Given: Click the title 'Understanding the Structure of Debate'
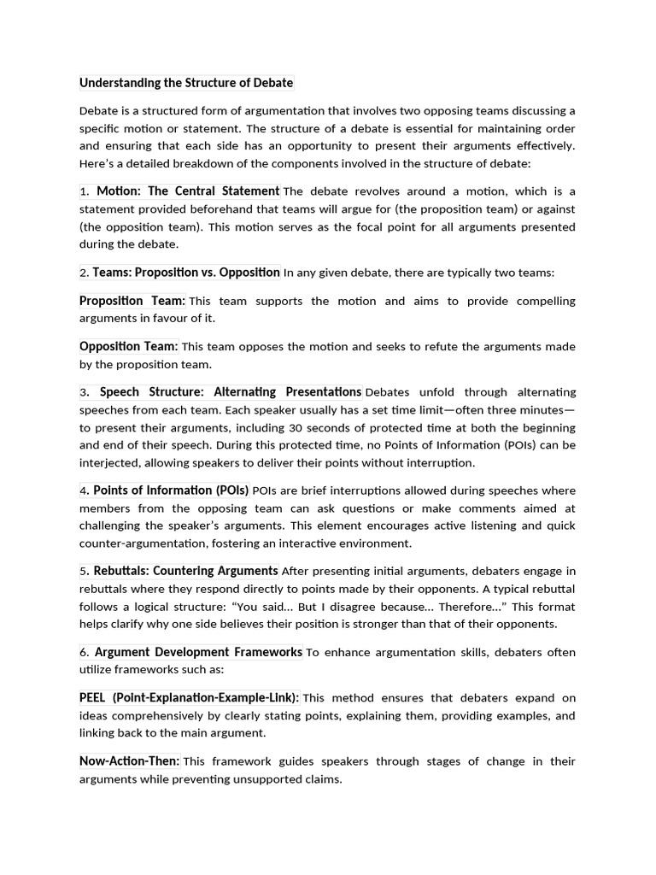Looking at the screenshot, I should click(186, 83).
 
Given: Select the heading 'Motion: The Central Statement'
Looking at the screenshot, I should click(188, 191).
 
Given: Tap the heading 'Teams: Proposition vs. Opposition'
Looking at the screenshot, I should click(186, 273).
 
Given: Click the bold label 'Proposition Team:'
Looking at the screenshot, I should click(132, 301).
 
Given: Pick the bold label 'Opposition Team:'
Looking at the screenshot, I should click(129, 346).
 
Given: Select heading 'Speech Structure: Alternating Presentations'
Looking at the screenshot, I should click(231, 392).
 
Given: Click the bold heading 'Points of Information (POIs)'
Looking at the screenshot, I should click(171, 490).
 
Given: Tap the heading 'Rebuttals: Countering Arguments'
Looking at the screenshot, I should click(185, 571).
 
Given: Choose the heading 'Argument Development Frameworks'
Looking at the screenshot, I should click(198, 652).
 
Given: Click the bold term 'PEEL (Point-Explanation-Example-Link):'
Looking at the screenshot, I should click(189, 697).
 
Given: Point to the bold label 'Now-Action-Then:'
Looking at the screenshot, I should click(130, 760).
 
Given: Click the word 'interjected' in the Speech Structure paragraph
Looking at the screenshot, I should click(109, 463).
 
